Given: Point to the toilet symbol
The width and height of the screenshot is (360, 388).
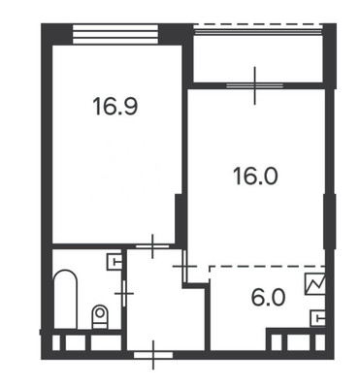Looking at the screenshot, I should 98,315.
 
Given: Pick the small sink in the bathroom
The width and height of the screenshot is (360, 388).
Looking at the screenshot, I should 114,261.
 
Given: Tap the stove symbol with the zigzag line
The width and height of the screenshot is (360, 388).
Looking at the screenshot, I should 315,284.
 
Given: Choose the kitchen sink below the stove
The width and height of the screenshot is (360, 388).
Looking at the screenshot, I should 317,316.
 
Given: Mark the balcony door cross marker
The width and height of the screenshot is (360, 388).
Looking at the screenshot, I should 255,85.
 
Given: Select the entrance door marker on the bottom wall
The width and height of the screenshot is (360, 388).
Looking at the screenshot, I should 153,356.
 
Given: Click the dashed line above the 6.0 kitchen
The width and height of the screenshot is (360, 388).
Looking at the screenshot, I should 262,265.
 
